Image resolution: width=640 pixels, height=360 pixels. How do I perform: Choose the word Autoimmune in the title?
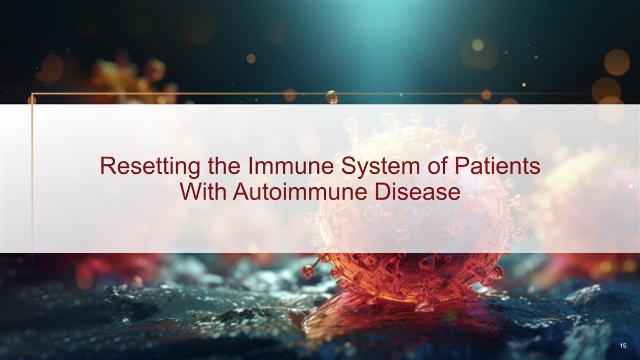(x=300, y=191)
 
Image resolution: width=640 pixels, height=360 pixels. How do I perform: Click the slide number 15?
(x=623, y=346)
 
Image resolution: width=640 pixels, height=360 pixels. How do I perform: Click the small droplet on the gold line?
(x=332, y=97)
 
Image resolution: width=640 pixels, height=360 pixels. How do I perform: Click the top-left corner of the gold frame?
(x=32, y=93)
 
